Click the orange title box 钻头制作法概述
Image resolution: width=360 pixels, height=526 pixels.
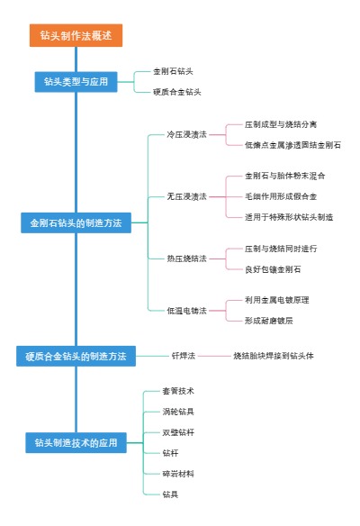click(76, 36)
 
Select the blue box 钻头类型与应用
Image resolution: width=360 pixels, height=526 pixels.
click(76, 82)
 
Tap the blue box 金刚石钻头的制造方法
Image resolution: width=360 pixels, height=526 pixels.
click(76, 222)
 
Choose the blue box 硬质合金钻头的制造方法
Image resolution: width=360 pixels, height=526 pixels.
click(76, 357)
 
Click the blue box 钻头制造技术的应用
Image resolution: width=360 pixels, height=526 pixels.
click(76, 443)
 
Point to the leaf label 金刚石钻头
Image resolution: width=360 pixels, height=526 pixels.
click(173, 71)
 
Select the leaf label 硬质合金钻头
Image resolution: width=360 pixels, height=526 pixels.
click(177, 92)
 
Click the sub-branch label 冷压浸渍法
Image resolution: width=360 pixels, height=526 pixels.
click(186, 134)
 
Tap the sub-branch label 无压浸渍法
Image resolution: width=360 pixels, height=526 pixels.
click(186, 196)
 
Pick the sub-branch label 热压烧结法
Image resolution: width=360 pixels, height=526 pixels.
click(186, 258)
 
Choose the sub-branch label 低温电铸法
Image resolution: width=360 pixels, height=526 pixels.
click(186, 310)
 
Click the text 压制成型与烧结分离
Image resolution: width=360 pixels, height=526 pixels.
click(280, 124)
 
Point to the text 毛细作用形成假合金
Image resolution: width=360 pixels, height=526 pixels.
click(280, 196)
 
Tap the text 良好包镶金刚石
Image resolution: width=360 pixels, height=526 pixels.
click(273, 269)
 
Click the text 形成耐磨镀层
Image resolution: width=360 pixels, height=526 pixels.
click(269, 321)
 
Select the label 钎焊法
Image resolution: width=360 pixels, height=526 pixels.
click(183, 357)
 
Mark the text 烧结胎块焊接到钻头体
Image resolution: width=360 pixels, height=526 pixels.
click(274, 357)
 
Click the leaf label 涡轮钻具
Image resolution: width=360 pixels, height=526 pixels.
click(177, 412)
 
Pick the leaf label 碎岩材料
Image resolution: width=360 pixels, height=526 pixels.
click(177, 474)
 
